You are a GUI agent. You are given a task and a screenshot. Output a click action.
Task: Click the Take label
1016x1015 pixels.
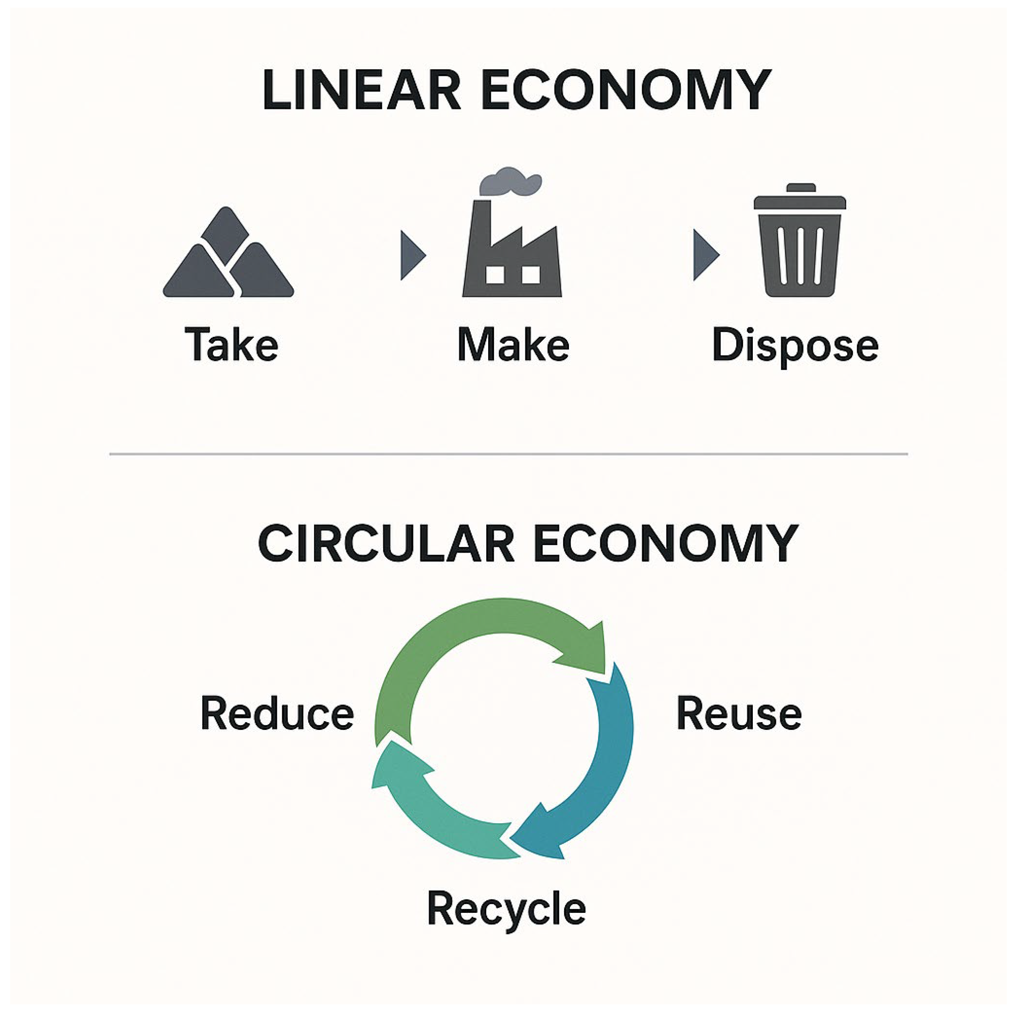pos(231,345)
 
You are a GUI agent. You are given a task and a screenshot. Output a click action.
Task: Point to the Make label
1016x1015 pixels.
pos(513,345)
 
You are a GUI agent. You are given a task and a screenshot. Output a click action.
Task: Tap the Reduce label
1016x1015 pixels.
pos(277,713)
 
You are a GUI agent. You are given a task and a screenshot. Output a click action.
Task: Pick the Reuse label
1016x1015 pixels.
pos(739,713)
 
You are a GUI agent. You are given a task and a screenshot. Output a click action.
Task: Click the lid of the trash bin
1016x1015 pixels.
pos(800,201)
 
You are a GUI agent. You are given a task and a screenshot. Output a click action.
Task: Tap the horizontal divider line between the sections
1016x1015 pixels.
pos(508,454)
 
